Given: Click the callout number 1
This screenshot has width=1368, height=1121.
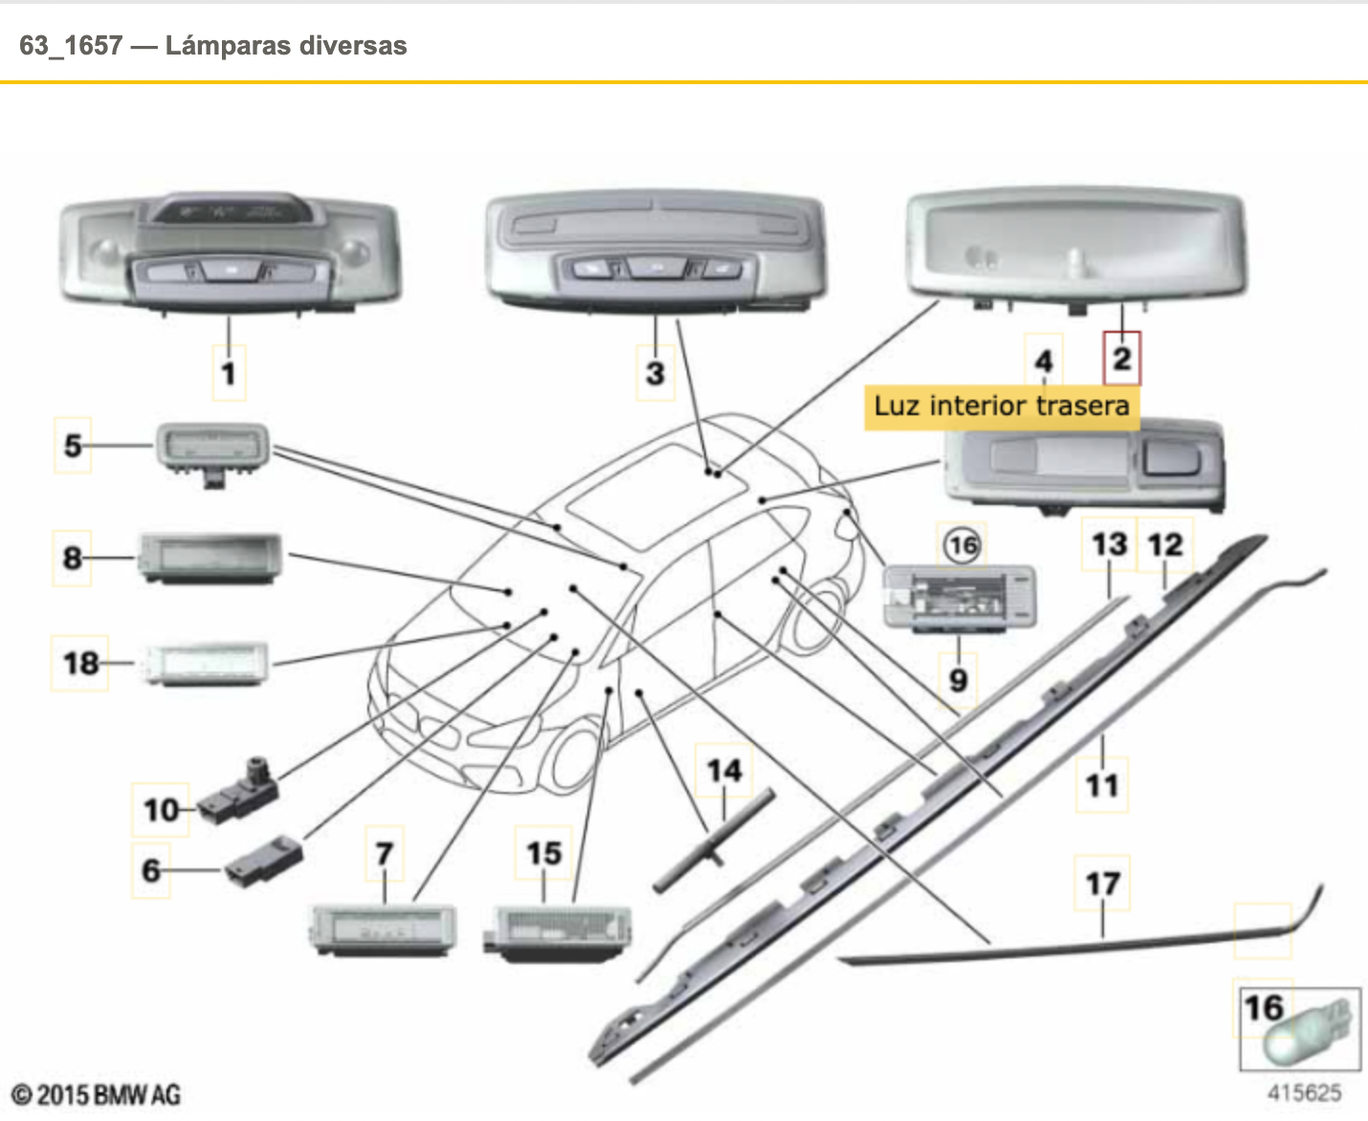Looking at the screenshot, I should click(x=229, y=372).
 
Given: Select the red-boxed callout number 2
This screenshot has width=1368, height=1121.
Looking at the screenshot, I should click(x=1121, y=359).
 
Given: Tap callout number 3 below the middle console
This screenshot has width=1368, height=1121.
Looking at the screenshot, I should click(x=655, y=372).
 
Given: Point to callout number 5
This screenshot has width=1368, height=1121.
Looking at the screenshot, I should click(x=73, y=445).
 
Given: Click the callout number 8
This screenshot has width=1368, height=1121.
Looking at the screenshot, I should click(x=73, y=558).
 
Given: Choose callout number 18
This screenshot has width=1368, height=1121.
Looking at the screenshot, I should click(x=80, y=663).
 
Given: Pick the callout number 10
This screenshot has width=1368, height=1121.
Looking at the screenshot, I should click(x=161, y=810).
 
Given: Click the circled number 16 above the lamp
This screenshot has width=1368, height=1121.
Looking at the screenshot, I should click(x=962, y=545).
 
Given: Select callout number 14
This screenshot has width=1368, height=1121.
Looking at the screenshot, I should click(x=724, y=771).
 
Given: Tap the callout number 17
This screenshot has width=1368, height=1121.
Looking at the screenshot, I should click(x=1102, y=883).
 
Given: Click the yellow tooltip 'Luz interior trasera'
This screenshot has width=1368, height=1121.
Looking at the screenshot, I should click(x=1001, y=406).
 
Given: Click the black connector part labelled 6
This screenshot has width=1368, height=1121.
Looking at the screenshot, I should click(x=265, y=857).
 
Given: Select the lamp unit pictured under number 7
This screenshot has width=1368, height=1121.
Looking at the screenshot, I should click(x=383, y=928).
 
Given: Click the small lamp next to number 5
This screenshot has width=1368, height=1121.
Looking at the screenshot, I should click(x=212, y=450).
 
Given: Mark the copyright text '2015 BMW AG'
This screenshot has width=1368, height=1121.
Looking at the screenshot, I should click(x=96, y=1095).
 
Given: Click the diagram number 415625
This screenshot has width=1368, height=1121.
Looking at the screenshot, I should click(x=1304, y=1092).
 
